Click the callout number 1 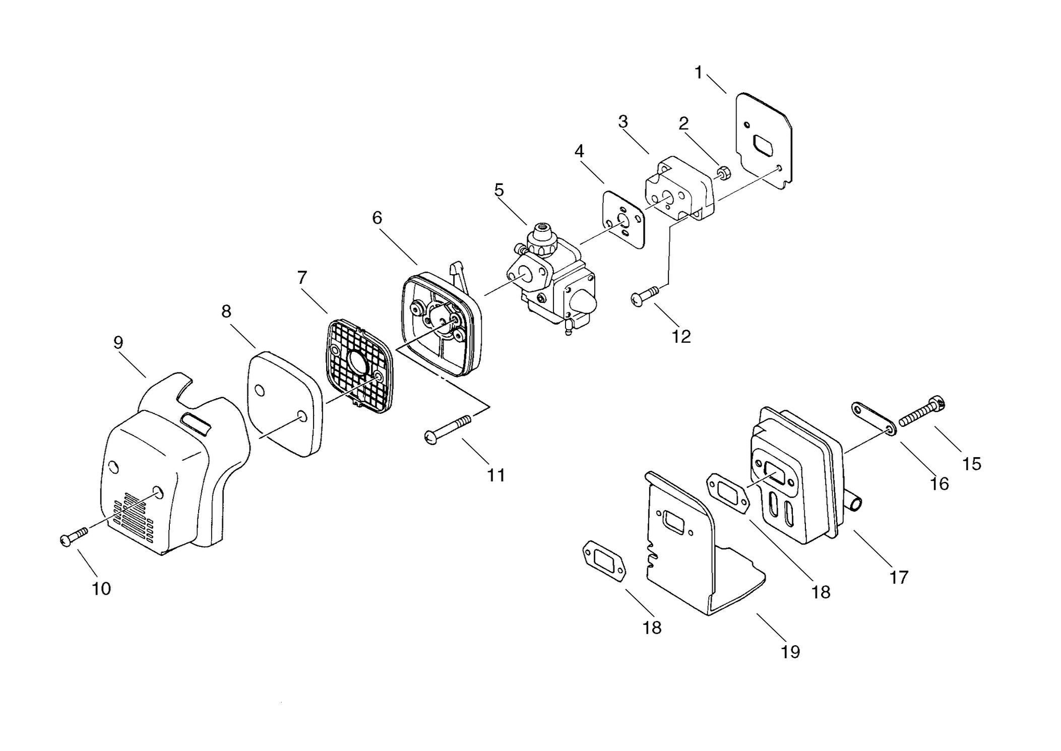pyautogui.click(x=699, y=73)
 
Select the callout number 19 pyautogui.click(x=790, y=652)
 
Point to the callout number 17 pyautogui.click(x=899, y=577)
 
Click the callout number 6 pyautogui.click(x=377, y=218)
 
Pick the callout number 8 pyautogui.click(x=226, y=311)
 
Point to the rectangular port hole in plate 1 pyautogui.click(x=767, y=146)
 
